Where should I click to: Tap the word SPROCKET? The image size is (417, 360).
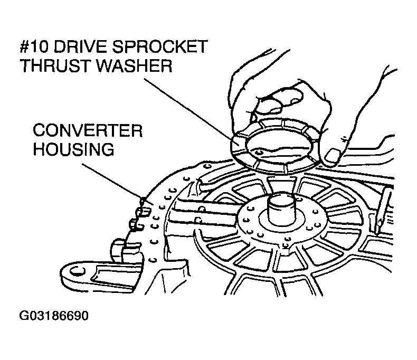tap(159, 47)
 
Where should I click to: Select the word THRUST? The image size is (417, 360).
tap(55, 65)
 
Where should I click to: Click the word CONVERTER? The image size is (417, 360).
tap(88, 130)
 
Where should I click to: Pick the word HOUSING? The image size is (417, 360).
tap(74, 149)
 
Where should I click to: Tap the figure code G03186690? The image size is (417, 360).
tap(54, 316)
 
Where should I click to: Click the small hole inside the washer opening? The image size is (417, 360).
tap(259, 153)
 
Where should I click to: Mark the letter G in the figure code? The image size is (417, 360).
tap(23, 316)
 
